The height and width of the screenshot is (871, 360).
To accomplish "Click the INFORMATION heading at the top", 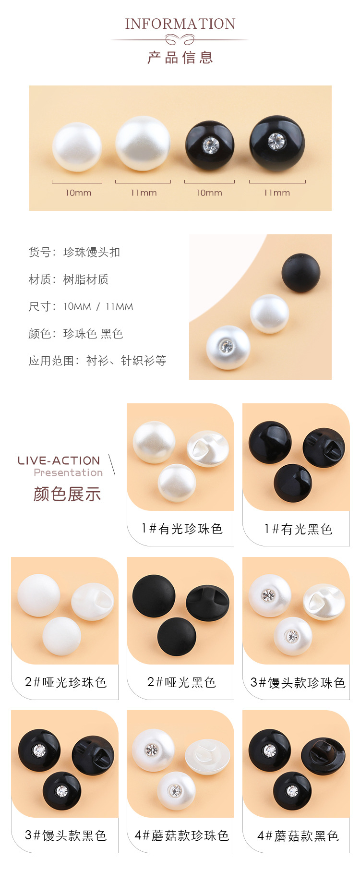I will coord(180,24).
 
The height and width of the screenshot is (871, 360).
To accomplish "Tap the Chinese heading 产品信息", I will coord(180,58).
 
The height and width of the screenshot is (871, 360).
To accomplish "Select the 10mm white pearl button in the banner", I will coord(77,147).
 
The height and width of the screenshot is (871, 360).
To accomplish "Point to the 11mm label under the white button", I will coord(144,193).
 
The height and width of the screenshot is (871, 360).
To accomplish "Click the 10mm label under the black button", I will coord(209,193).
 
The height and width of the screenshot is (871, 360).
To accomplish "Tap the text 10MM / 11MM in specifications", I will coord(98,306).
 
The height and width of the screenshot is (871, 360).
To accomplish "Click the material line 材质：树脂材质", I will coord(69,279).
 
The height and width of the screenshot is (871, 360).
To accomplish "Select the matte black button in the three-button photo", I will coord(300,273).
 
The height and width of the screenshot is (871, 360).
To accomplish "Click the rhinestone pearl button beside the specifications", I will coord(228,348).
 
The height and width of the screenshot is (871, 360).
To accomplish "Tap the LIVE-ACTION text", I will coord(59,460).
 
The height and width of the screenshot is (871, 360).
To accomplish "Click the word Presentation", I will coord(68,472).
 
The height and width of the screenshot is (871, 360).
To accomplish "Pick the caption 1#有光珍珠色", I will coord(181,529).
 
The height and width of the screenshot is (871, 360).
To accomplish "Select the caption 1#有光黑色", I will coord(298,529).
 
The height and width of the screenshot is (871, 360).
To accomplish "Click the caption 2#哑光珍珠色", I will coord(65,682).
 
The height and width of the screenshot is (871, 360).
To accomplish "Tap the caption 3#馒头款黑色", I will coord(65,835).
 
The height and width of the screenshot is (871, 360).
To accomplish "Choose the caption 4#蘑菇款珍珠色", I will coord(181,835).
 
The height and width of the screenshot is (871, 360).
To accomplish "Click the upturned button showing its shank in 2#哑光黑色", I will coord(207,603).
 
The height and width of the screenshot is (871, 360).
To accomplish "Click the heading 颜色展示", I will coord(67,494).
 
